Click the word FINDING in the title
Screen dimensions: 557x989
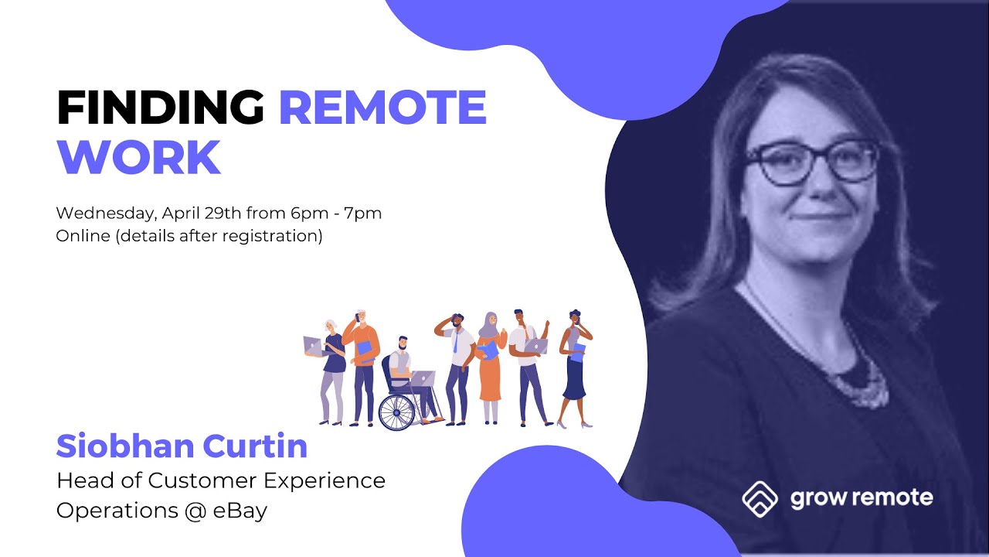pyautogui.click(x=160, y=108)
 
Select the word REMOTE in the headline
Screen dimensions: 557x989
pyautogui.click(x=382, y=108)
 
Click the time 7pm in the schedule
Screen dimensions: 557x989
pyautogui.click(x=366, y=213)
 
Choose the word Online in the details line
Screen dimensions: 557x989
pyautogui.click(x=83, y=236)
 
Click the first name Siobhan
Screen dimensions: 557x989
pyautogui.click(x=123, y=446)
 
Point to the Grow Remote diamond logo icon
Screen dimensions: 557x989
pyautogui.click(x=760, y=498)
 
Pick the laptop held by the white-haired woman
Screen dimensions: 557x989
pyautogui.click(x=313, y=344)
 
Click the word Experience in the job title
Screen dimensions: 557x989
pyautogui.click(x=325, y=480)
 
